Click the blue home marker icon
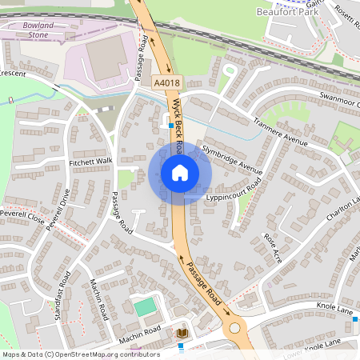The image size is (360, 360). click(180, 173)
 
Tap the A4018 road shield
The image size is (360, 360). click(166, 82)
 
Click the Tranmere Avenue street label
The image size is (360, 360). click(280, 131)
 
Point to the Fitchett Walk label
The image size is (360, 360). click(92, 162)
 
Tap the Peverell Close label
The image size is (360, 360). click(22, 217)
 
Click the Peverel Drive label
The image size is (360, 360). click(58, 210)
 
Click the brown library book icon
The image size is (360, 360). click(182, 332)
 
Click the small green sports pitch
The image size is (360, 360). click(145, 306)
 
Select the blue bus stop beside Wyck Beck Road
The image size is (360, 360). click(170, 125)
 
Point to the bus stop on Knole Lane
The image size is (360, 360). click(355, 319)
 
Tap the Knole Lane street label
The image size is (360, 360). click(334, 306)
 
